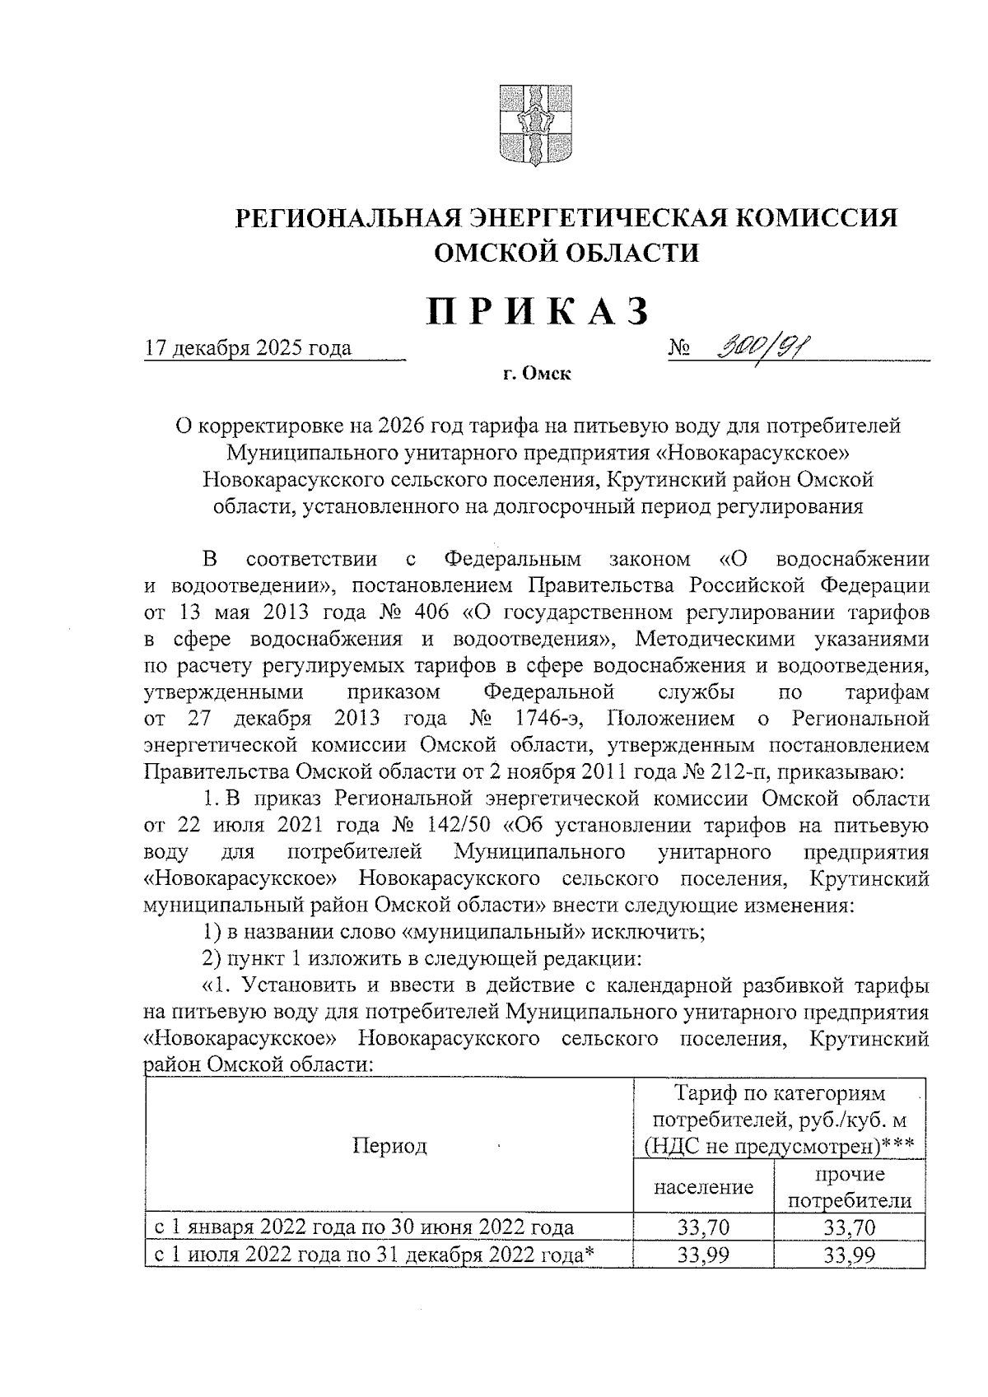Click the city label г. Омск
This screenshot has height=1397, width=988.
point(537,375)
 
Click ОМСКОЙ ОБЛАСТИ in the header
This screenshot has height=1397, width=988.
point(566,252)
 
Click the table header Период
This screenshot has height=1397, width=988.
point(389,1146)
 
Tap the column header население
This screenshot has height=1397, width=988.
point(704,1187)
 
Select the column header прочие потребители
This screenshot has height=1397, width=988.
point(850,1187)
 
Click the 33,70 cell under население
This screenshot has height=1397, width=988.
point(704,1228)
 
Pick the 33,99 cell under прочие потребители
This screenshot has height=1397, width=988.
point(850,1254)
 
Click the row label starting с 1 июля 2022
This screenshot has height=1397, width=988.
point(375,1254)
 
